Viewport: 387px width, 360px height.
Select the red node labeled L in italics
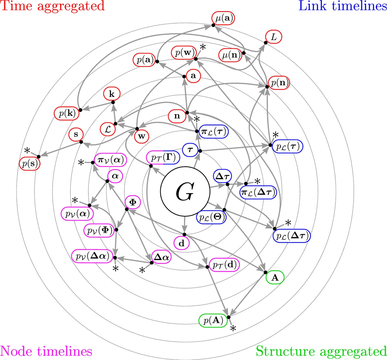pyautogui.click(x=273, y=37)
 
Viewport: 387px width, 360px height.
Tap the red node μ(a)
pyautogui.click(x=223, y=19)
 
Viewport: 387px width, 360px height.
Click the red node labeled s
pyautogui.click(x=76, y=134)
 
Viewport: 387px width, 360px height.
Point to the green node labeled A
pyautogui.click(x=275, y=278)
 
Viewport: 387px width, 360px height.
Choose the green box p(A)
pyautogui.click(x=212, y=320)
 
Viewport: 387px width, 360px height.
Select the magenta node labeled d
pyautogui.click(x=182, y=243)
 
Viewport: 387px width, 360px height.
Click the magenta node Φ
pyautogui.click(x=133, y=202)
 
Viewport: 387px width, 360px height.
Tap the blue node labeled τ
pyautogui.click(x=190, y=150)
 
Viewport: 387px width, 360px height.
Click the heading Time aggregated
pyautogui.click(x=53, y=6)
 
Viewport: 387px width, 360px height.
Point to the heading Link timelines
pyautogui.click(x=343, y=6)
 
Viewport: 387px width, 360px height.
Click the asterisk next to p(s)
pyautogui.click(x=27, y=150)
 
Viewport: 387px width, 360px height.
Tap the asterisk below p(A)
pyautogui.click(x=233, y=328)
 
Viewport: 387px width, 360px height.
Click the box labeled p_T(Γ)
pyautogui.click(x=163, y=158)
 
